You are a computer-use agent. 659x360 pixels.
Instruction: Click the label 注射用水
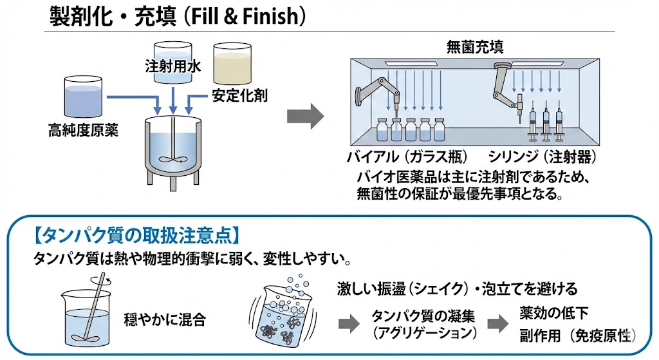coord(172,66)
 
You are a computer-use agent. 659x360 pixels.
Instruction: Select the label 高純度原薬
coord(83,131)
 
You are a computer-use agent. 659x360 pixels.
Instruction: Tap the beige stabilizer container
coord(232,63)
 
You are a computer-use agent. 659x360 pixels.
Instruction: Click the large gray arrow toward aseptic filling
coord(304,115)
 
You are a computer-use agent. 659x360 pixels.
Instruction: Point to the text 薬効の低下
coord(555,312)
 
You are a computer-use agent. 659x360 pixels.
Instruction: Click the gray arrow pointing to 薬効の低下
coord(496,323)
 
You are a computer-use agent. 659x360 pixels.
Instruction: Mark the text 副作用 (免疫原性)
coord(578,336)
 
